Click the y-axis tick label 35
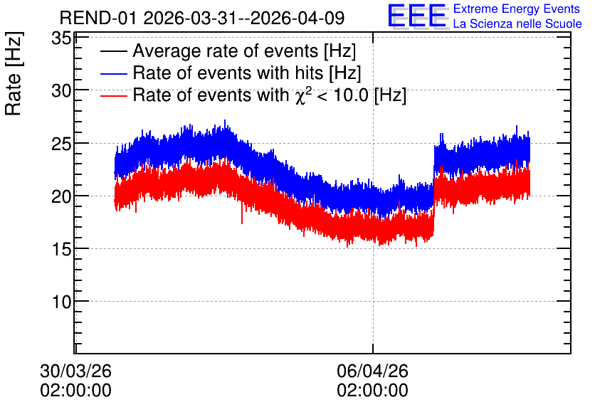pos(61,38)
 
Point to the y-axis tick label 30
pos(61,91)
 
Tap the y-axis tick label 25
pos(61,144)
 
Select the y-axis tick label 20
pos(61,196)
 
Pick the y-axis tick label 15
pos(61,249)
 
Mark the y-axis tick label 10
pos(61,302)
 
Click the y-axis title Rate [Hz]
pos(14,73)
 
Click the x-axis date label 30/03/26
pos(76,371)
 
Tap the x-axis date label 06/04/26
pos(373,371)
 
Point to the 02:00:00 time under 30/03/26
pos(76,391)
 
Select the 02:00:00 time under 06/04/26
pos(373,391)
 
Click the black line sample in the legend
pos(113,51)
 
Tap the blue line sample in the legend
pos(113,73)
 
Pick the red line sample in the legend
pos(113,95)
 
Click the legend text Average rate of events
pos(226,51)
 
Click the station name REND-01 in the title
pos(98,18)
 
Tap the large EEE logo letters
pos(417,16)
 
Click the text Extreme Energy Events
pos(517,9)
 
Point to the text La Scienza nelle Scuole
pos(517,24)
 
